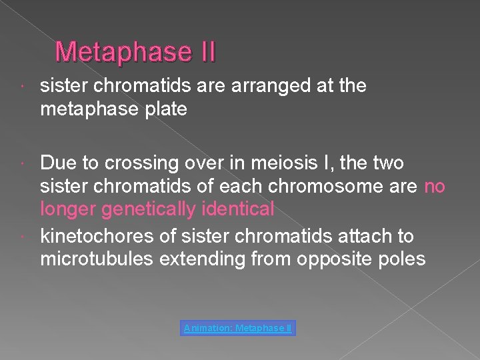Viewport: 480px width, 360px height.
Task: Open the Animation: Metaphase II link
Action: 238,329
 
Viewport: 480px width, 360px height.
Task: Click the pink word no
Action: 434,186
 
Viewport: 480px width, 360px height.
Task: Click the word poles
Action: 402,259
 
